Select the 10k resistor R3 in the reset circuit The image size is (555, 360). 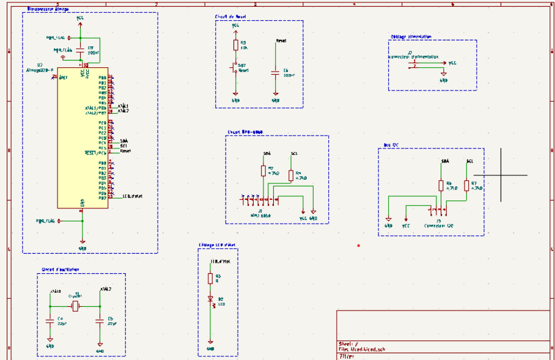click(x=235, y=45)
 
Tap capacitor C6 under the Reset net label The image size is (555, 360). click(x=276, y=72)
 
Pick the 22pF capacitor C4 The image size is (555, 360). click(x=50, y=320)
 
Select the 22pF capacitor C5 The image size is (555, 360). click(x=100, y=320)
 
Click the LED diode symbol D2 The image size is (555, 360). click(x=210, y=299)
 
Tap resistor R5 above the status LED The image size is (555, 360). click(x=210, y=278)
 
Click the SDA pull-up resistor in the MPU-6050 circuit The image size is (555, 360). click(x=263, y=171)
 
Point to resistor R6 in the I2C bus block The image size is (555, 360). click(x=440, y=186)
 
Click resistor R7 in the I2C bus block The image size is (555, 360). click(x=467, y=186)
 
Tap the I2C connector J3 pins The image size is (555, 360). click(x=441, y=211)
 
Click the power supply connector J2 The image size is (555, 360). click(x=415, y=64)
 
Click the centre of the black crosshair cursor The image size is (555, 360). click(x=501, y=175)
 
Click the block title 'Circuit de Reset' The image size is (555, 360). click(x=231, y=17)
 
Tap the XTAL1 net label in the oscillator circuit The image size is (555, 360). click(x=55, y=290)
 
